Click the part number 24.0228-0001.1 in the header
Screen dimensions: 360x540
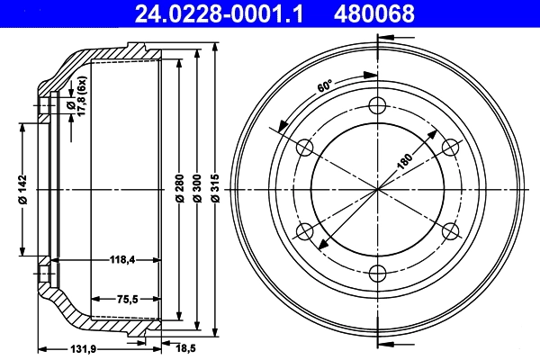pos(206,13)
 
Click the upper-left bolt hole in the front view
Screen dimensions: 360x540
pos(304,147)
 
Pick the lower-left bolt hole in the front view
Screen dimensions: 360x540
pos(304,231)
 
